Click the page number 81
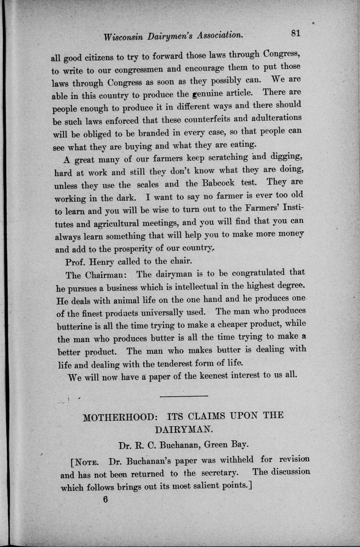click(x=295, y=33)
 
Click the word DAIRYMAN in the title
click(x=184, y=429)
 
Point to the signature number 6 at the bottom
click(x=105, y=499)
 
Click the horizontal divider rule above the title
click(x=183, y=396)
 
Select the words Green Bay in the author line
click(x=226, y=444)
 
